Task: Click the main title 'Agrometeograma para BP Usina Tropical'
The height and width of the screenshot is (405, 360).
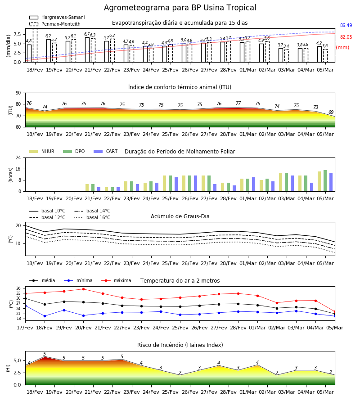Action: click(x=180, y=8)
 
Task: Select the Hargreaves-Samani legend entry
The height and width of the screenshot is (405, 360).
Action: click(x=57, y=17)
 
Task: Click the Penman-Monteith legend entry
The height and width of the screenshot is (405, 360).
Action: click(x=55, y=24)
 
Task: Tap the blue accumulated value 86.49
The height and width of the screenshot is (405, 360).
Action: click(x=346, y=25)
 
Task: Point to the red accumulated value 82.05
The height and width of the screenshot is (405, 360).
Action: click(x=346, y=37)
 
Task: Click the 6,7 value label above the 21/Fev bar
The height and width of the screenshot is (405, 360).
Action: click(x=87, y=34)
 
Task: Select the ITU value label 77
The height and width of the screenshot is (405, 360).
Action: click(x=238, y=103)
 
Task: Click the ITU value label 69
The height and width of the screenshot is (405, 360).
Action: click(x=331, y=112)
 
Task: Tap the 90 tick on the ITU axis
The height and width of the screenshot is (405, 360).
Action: click(x=18, y=93)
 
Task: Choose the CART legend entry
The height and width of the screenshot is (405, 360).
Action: click(x=106, y=151)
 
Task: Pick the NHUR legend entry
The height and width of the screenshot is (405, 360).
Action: click(x=42, y=151)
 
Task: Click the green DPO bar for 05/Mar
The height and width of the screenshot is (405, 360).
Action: click(x=325, y=181)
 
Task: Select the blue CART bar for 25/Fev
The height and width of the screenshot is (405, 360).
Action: click(x=176, y=184)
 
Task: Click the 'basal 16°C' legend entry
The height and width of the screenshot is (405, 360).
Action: click(x=92, y=217)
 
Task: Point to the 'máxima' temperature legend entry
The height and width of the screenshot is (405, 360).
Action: click(x=116, y=280)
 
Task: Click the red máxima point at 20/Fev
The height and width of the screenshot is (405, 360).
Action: click(x=83, y=289)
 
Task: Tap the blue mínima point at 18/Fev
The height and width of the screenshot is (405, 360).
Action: click(x=45, y=316)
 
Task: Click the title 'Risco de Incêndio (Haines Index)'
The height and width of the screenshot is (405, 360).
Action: click(x=180, y=345)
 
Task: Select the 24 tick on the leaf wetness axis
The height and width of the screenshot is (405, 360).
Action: click(x=18, y=157)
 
